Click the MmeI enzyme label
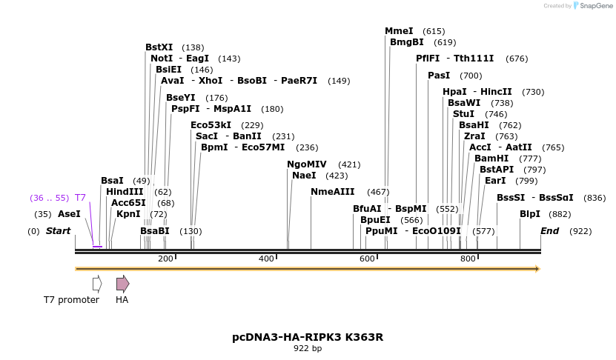tap(399, 31)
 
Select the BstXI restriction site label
tap(159, 47)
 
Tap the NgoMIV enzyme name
tap(307, 164)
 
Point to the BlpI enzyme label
tap(529, 214)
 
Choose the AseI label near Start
tap(69, 214)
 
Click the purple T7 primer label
tap(80, 198)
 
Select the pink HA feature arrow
tap(122, 283)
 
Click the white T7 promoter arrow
tap(96, 283)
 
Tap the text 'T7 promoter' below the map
tap(71, 300)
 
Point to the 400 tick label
tap(266, 259)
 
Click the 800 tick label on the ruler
tap(468, 259)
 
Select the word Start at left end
tap(59, 231)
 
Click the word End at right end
tap(549, 231)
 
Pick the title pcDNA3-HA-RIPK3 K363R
tap(308, 337)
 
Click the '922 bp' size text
tap(308, 348)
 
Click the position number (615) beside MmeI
tap(434, 31)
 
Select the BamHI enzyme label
tap(492, 159)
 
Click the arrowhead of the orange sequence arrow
tap(536, 268)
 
